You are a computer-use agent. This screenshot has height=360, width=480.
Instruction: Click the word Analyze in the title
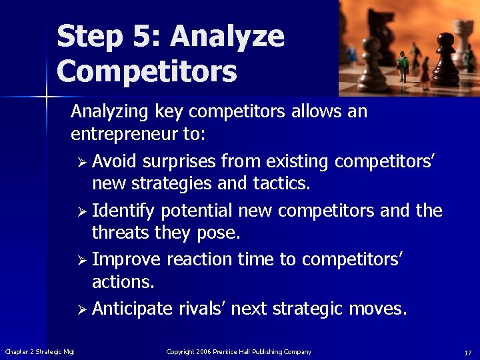coord(228,37)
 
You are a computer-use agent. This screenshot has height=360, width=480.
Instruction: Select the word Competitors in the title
coord(147,71)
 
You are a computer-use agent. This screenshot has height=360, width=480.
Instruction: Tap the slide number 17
coord(468,352)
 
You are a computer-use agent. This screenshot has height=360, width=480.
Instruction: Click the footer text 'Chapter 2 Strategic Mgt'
coord(39,352)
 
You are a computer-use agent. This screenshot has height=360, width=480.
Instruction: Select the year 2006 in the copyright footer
coord(203,352)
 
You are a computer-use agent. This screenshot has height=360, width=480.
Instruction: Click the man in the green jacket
coord(403,67)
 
